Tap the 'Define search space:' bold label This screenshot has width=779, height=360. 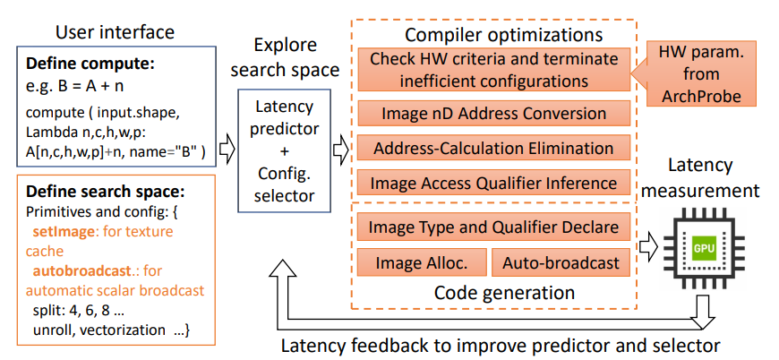pyautogui.click(x=101, y=193)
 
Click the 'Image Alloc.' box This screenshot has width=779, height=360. pyautogui.click(x=420, y=262)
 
